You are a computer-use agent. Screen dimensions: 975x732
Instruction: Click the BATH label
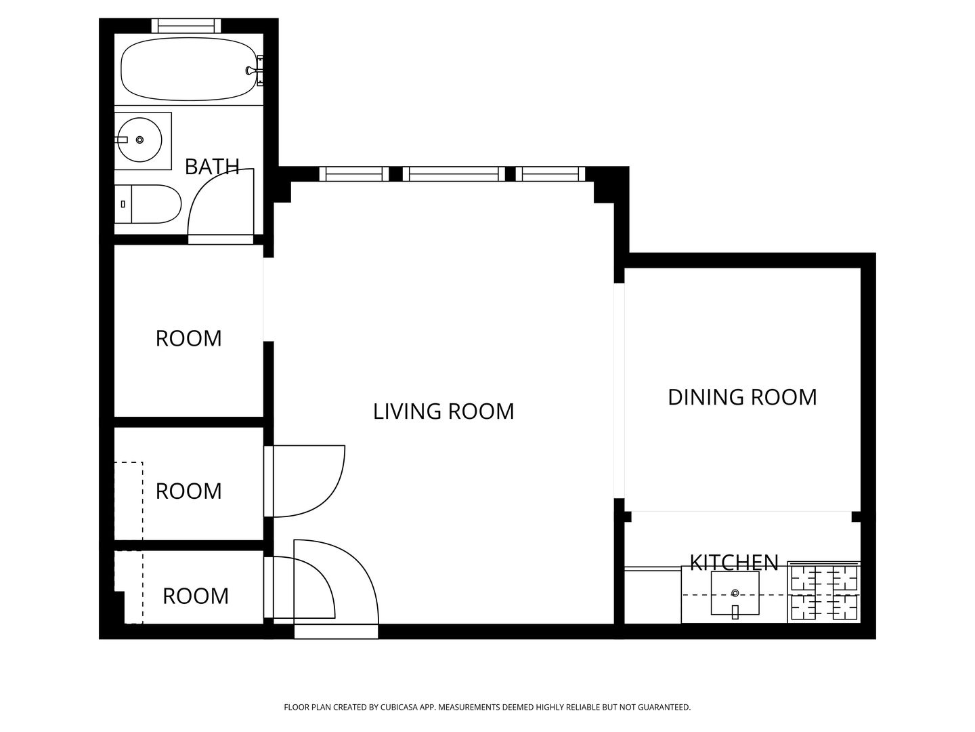point(212,167)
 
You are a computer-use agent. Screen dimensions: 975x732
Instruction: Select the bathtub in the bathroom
point(189,69)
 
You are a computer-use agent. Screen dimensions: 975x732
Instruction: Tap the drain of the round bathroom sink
point(139,140)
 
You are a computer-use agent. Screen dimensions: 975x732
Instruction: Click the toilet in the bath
point(148,204)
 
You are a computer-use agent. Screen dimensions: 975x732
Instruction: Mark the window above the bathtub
point(186,25)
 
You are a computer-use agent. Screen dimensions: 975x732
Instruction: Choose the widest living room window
point(454,174)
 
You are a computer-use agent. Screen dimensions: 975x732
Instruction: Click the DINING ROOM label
point(742,397)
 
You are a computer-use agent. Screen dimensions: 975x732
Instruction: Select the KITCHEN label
point(734,563)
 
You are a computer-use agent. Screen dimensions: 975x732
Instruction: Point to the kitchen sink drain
point(735,593)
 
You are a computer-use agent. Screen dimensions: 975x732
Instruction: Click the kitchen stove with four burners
point(824,592)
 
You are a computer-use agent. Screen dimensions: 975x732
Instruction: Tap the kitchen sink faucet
point(735,612)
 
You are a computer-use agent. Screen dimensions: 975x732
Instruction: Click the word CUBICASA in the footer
point(398,707)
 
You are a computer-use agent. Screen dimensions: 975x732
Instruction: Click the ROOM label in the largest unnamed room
point(188,339)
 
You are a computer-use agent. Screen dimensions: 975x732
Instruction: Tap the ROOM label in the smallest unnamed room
point(196,596)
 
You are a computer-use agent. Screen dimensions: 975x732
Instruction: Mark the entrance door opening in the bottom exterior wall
point(337,632)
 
